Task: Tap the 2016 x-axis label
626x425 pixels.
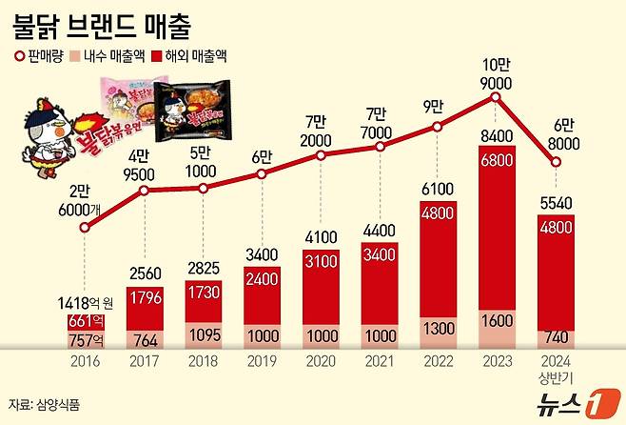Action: (86, 363)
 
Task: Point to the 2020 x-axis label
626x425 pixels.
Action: (321, 363)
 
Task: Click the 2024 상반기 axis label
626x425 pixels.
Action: (556, 369)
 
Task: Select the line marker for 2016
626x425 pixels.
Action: (86, 228)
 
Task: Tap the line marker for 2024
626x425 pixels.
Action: (557, 162)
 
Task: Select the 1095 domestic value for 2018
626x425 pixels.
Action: (203, 335)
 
